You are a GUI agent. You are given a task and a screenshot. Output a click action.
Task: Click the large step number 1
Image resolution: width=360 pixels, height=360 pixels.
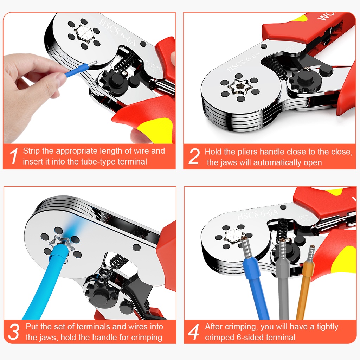point(14,156)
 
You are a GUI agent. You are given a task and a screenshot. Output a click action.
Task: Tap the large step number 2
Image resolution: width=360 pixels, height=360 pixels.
point(194,156)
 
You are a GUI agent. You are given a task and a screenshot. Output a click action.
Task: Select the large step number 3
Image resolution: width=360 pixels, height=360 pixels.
point(14,332)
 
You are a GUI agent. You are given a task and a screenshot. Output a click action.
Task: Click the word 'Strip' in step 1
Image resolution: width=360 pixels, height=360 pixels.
point(31,151)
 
